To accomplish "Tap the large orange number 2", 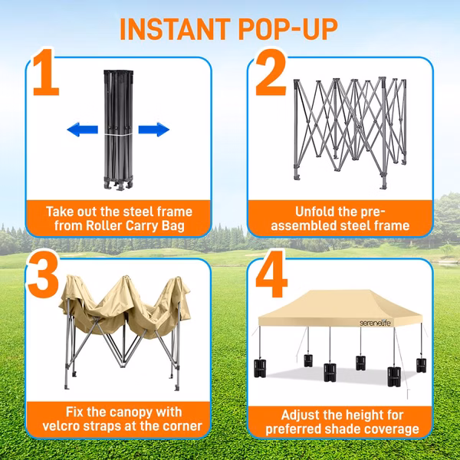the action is [271, 73].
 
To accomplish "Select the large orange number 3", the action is [44, 274].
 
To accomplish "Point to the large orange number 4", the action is [271, 274].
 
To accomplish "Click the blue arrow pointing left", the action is [83, 130].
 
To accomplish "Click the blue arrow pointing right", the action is [154, 130].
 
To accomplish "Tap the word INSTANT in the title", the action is [175, 29].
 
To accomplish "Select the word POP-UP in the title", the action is [288, 29].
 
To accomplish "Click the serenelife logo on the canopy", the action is [375, 324].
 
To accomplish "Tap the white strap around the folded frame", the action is [119, 134].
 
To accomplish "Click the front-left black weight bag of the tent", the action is [260, 368].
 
